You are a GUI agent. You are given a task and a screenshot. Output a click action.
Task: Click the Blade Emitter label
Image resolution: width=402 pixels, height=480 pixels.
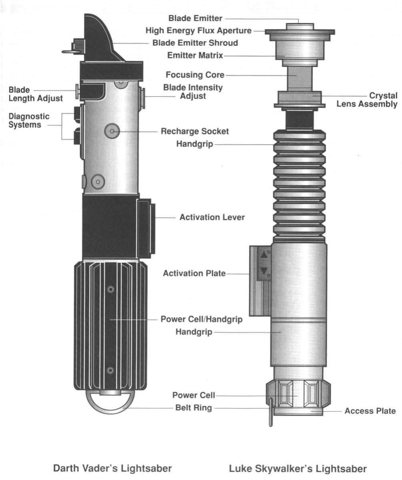195,18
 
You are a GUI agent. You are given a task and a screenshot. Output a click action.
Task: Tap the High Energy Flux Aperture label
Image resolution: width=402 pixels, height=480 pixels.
198,30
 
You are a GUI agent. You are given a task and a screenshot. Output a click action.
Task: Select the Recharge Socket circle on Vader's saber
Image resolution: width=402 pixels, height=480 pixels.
112,130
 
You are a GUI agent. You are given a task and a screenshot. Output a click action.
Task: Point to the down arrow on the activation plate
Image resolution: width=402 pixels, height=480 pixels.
263,271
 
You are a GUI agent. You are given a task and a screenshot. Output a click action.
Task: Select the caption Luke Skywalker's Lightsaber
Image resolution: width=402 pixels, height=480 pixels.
298,468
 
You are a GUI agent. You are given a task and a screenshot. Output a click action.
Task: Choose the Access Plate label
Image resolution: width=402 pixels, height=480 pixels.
370,411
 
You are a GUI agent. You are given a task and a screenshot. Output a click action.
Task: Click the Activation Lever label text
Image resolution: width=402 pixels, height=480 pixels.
212,218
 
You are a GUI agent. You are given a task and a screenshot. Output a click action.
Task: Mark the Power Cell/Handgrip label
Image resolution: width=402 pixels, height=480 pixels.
201,320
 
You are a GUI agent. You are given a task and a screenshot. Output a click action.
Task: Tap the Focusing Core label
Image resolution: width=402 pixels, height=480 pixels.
195,75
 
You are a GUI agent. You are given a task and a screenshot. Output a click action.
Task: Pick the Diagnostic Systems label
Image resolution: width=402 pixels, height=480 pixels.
29,120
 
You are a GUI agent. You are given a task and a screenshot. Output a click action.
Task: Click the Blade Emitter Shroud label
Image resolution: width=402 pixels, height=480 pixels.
195,43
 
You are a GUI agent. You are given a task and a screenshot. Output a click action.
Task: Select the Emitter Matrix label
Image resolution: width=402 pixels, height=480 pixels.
195,56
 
